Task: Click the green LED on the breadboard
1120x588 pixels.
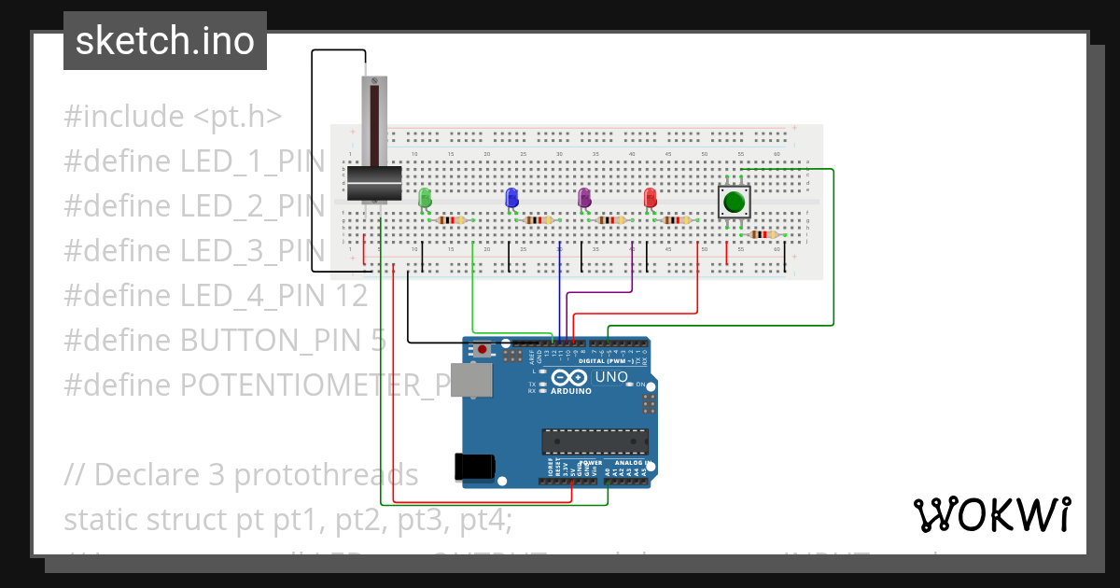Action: [x=425, y=197]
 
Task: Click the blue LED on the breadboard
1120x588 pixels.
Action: [x=511, y=197]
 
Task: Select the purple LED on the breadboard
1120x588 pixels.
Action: [x=584, y=197]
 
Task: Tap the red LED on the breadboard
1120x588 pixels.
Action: [x=650, y=197]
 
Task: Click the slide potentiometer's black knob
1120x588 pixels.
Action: [x=373, y=183]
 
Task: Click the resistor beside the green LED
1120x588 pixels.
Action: [x=452, y=220]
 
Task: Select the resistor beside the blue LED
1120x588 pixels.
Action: [x=539, y=220]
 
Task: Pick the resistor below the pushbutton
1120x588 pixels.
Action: [x=763, y=235]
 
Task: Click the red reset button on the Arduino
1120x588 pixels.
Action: [x=482, y=350]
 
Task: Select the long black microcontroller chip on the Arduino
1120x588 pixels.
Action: [x=595, y=441]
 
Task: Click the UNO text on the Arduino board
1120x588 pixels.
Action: [x=611, y=376]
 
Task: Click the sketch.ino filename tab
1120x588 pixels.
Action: [x=165, y=41]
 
